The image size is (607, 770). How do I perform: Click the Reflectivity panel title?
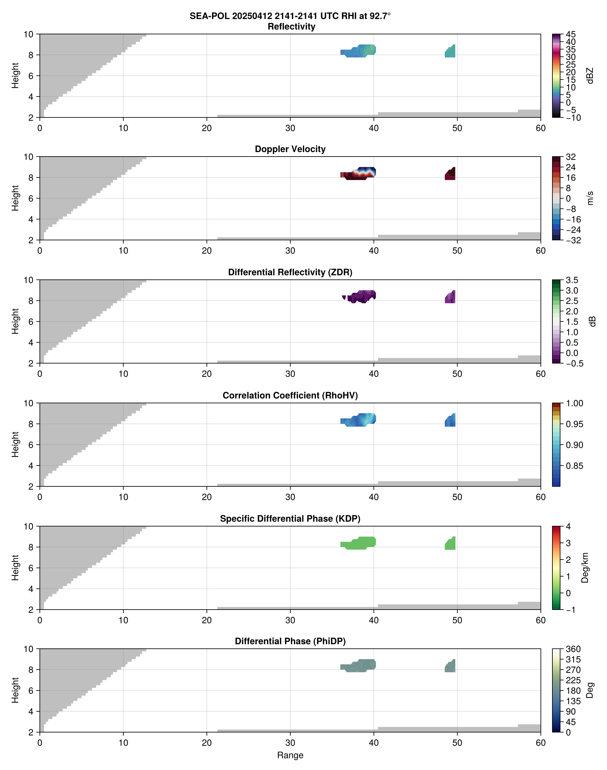tap(291, 27)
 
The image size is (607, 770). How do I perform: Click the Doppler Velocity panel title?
tap(290, 149)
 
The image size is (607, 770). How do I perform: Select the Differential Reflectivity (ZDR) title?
tap(290, 272)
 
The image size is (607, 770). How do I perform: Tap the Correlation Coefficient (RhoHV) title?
tap(290, 396)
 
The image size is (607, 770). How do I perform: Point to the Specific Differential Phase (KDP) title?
tap(290, 519)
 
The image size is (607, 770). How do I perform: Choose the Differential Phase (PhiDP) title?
tap(290, 641)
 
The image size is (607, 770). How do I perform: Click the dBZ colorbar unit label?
tap(590, 76)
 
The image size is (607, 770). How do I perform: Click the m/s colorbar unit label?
tap(590, 198)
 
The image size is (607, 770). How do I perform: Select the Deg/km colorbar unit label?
tap(585, 568)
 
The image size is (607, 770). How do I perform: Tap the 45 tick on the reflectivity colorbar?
tap(571, 34)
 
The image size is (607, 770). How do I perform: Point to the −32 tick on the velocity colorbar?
tap(573, 240)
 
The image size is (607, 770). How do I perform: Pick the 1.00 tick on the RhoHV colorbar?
tap(574, 403)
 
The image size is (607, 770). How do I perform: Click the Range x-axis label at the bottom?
tap(290, 755)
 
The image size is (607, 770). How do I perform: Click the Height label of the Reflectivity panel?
tap(15, 76)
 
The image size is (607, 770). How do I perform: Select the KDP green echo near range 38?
tap(359, 543)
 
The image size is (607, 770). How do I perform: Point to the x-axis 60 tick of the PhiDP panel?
tap(540, 743)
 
